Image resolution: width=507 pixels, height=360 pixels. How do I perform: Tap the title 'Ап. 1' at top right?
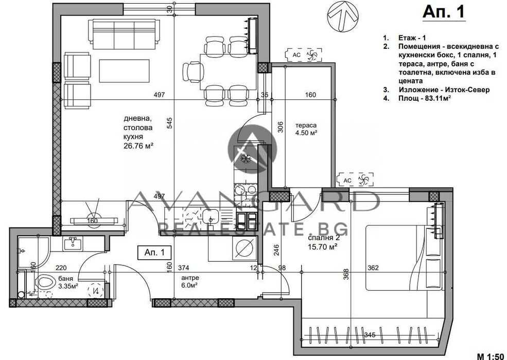point(444,11)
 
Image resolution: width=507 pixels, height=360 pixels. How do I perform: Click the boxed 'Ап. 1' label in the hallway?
point(154,253)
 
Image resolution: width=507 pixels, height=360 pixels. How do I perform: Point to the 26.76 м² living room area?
point(138,146)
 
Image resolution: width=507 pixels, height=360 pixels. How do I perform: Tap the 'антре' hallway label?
point(190,278)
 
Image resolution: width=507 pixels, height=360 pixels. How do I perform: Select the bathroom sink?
point(73,243)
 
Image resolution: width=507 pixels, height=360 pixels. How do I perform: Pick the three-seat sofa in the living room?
point(125,32)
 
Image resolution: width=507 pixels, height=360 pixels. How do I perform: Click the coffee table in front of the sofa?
point(124,71)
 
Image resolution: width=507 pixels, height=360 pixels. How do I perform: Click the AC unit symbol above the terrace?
point(304,55)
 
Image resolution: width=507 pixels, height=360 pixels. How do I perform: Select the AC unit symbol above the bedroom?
point(355,179)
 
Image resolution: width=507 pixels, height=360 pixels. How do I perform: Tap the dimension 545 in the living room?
point(170,123)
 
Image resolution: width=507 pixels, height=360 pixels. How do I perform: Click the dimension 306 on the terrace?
point(281,127)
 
